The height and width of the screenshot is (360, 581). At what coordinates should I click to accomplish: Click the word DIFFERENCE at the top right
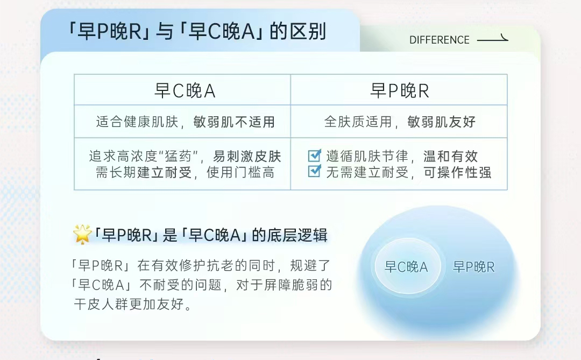439,40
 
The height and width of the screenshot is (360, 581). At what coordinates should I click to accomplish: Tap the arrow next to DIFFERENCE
492,39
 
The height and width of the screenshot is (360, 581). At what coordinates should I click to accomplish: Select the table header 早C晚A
185,90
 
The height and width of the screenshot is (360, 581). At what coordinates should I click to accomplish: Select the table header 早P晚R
399,90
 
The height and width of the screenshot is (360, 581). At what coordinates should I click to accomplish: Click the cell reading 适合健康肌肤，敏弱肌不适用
185,122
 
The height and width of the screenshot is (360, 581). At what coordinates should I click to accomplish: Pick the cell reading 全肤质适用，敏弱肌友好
399,122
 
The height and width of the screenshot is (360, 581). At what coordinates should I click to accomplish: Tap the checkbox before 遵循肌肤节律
315,155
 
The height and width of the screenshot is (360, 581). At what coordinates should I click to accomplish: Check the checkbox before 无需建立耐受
315,171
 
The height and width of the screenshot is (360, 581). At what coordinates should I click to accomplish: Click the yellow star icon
82,234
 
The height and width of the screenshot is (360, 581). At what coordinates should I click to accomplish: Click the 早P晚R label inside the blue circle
473,267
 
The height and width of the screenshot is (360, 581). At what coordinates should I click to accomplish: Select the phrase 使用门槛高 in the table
240,172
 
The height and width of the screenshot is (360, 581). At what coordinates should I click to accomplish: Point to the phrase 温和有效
450,156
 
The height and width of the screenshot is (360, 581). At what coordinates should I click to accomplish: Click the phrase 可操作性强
457,172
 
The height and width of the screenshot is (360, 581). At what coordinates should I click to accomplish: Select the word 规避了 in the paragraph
310,265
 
